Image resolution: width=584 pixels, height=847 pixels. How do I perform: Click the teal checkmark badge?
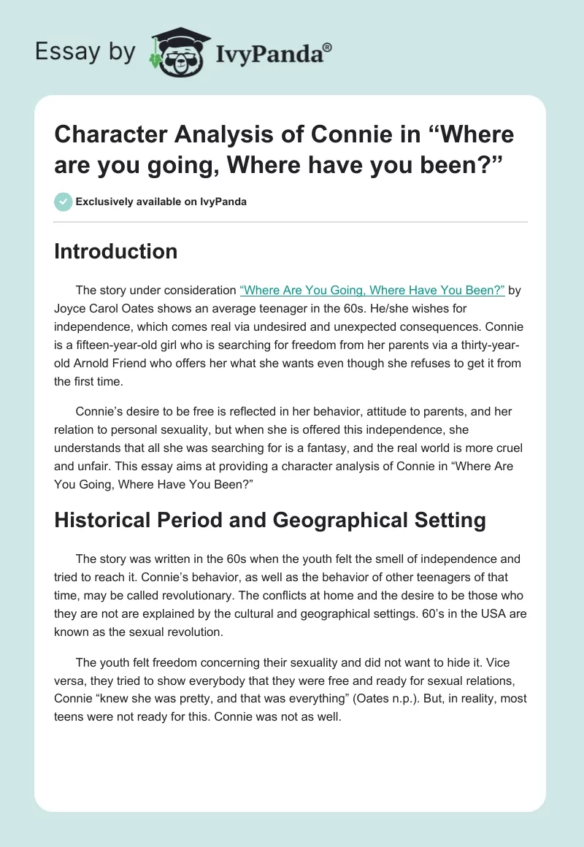64,202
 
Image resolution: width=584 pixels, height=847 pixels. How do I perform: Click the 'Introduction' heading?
116,251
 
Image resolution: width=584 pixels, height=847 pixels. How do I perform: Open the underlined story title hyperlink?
372,290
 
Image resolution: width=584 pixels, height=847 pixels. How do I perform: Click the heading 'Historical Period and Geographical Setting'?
270,520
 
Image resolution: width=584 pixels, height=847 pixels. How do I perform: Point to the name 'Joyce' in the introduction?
71,308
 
